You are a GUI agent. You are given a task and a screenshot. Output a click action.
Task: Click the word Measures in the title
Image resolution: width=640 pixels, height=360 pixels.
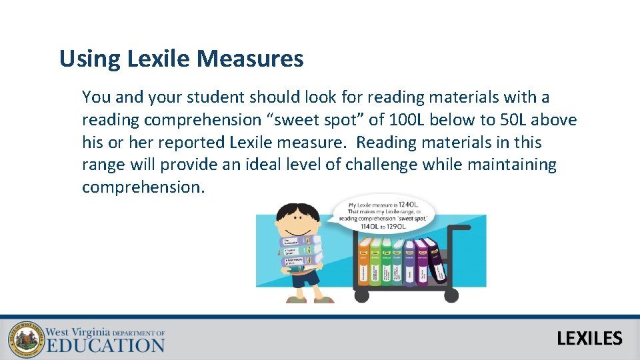250,59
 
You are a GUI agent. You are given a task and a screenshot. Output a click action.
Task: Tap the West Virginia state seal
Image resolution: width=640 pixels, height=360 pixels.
24,339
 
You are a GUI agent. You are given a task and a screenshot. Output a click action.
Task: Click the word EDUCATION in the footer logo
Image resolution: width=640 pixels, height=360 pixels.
105,345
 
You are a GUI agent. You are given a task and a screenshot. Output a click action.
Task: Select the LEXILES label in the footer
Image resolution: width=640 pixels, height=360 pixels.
589,339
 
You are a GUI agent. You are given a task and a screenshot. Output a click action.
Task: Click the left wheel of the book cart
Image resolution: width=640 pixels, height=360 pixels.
363,295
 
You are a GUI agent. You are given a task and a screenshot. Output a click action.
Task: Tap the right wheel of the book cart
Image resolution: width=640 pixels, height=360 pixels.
451,295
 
